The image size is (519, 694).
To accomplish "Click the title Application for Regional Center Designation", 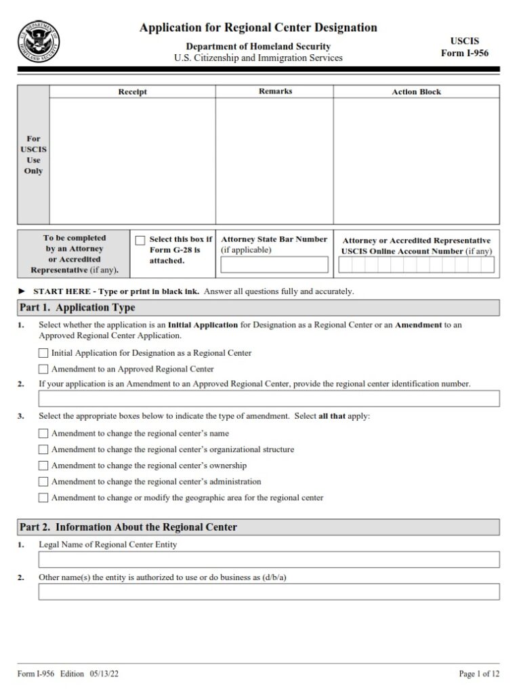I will point(258,28).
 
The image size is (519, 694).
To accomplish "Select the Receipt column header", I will point(132,91).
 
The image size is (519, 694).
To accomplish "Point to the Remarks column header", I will point(275,91).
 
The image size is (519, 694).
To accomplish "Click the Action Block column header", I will point(416,91).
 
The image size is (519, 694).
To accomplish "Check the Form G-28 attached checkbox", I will point(140,240).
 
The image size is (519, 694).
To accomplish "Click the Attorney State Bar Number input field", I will point(274,264).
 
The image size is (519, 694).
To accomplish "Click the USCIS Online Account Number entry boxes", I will point(417,266).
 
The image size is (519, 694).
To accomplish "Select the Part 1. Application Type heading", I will point(77,308).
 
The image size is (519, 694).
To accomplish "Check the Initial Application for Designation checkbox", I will point(43,353).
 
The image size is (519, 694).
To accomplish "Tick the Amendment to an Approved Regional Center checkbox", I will point(43,369).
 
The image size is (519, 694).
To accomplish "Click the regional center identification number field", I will point(269,399).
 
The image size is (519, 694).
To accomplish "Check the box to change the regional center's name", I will point(43,433).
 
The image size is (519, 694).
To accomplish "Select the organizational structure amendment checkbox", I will point(43,449).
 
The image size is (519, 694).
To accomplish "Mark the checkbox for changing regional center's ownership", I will point(43,466).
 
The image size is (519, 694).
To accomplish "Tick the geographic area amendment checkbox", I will point(43,498).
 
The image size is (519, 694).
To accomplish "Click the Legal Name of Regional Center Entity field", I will point(269,559).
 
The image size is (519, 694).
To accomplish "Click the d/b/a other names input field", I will point(269,592).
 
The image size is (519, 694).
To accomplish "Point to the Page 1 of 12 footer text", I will point(478,674).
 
